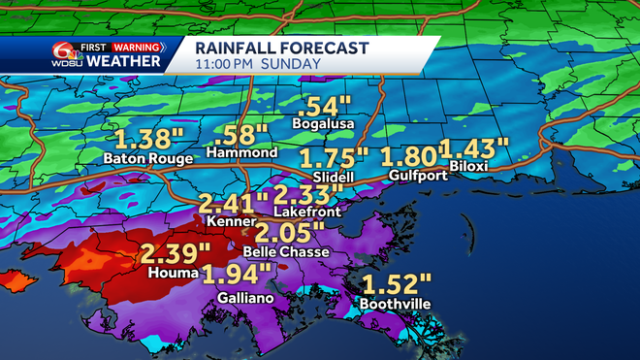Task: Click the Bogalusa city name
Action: tap(324, 123)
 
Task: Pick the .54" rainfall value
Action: tap(324, 105)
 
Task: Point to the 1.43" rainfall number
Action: tap(474, 148)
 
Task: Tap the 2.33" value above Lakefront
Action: tap(303, 193)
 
